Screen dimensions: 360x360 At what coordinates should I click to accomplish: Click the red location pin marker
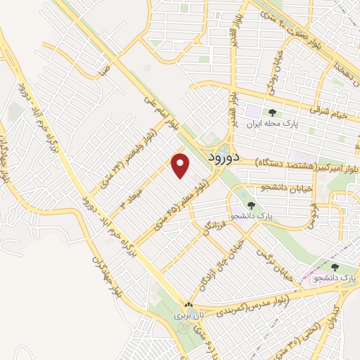click(181, 165)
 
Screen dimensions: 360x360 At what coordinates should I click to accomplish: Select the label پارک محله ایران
click(273, 122)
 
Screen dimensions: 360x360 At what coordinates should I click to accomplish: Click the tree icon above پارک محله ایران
click(272, 111)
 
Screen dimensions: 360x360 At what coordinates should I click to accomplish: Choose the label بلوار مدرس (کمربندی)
click(240, 296)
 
